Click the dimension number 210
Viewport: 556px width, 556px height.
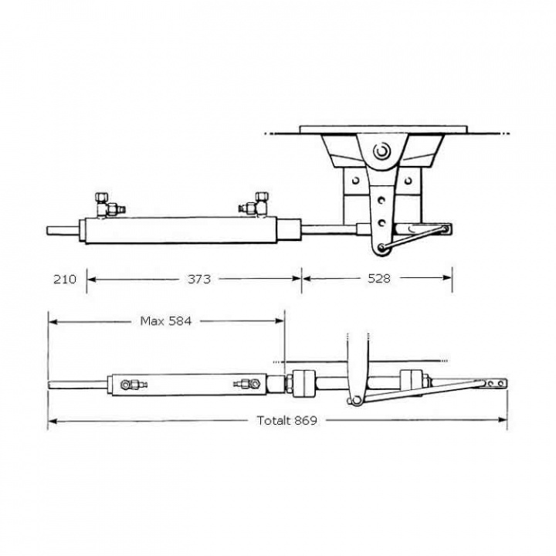tap(65, 279)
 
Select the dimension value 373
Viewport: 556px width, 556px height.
tap(199, 279)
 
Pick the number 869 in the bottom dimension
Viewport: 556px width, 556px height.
tap(307, 421)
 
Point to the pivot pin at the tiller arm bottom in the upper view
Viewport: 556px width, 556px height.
tap(379, 248)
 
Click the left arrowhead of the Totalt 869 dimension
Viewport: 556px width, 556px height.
tap(51, 421)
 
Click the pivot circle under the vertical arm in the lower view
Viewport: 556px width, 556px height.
tap(356, 400)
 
